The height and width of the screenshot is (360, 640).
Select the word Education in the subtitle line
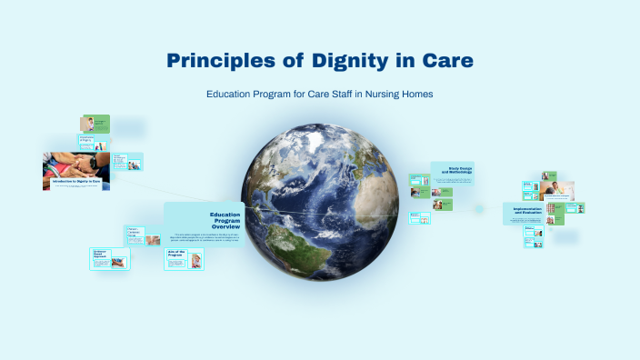click(x=232, y=95)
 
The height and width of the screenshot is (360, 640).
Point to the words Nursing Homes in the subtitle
click(x=400, y=95)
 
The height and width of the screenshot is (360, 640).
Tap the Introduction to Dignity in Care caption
click(x=75, y=183)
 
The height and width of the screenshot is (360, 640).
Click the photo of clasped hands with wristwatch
click(x=75, y=164)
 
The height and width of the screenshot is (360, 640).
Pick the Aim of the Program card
click(x=184, y=259)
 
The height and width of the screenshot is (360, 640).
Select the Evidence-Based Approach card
click(x=110, y=258)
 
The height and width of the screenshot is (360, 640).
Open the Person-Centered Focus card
click(x=142, y=234)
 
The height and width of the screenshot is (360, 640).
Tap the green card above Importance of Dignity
click(x=95, y=124)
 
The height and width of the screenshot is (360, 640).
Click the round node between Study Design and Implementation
click(x=495, y=208)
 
